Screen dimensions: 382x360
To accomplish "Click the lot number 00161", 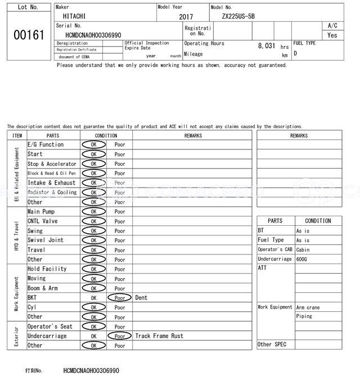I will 28,35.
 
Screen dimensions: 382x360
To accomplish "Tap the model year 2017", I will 186,17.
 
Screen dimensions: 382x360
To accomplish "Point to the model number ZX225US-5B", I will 238,16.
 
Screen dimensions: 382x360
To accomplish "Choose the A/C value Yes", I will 332,35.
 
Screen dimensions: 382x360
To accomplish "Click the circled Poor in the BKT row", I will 120,298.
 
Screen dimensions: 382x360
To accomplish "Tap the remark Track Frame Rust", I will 159,336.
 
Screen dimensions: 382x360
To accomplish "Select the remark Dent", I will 141,298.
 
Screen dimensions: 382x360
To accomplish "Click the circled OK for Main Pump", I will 93,212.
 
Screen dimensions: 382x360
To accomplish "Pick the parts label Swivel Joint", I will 46,240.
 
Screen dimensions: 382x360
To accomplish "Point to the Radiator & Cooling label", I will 52,192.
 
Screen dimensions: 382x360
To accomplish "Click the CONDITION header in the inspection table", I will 106,135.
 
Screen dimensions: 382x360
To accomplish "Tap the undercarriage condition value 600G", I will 302,259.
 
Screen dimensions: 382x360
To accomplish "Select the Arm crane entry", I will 308,307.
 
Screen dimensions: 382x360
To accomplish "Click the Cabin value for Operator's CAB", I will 303,249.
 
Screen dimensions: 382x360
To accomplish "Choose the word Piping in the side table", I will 304,316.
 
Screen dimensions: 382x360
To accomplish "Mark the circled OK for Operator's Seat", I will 93,326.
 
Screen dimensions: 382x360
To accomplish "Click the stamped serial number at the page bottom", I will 91,371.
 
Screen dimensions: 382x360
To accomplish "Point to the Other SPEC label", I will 272,344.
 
